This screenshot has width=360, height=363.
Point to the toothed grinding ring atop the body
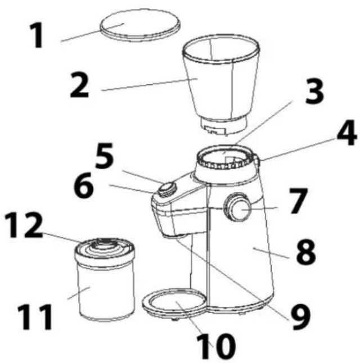225,160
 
